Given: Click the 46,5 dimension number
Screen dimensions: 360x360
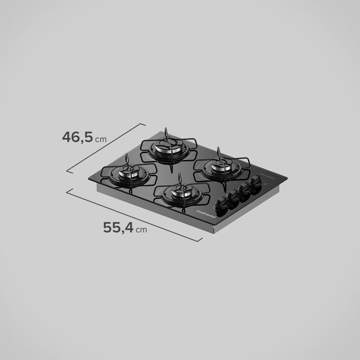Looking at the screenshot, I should click(x=77, y=137).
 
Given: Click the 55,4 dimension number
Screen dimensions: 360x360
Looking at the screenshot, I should click(x=118, y=228).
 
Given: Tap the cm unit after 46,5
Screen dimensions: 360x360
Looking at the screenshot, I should click(x=101, y=139).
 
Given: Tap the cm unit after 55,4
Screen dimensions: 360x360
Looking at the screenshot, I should click(x=141, y=230).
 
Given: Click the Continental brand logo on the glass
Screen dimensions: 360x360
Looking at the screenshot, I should click(x=206, y=214).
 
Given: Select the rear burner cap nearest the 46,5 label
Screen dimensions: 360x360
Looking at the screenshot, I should click(x=168, y=145).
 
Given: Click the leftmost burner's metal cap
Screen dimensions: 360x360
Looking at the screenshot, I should click(x=129, y=171).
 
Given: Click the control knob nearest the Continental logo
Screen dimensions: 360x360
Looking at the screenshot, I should click(x=221, y=204).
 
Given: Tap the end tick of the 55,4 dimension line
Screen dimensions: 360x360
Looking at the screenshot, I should click(x=199, y=239).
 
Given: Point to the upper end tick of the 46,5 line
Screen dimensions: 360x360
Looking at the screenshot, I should click(x=143, y=125).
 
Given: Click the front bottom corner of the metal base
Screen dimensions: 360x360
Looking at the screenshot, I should click(x=214, y=232).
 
